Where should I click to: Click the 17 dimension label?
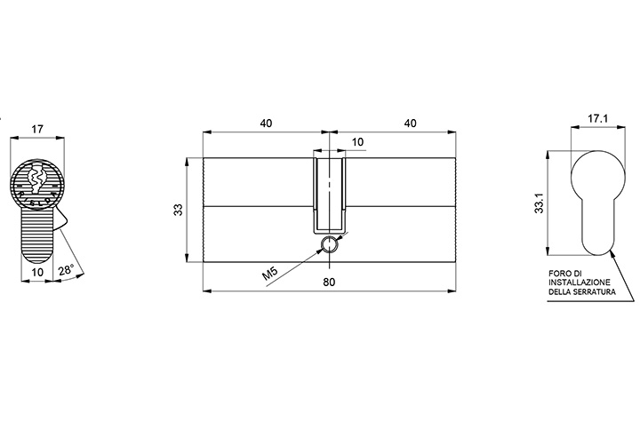point(37,130)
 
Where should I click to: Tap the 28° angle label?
point(66,270)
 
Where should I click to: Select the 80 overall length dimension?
point(329,282)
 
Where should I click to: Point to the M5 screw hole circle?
point(329,244)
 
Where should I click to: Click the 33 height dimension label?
point(179,210)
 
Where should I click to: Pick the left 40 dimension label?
point(266,123)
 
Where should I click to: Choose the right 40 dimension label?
point(410,123)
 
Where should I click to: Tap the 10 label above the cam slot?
point(357,142)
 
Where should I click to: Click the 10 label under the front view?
point(37,272)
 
